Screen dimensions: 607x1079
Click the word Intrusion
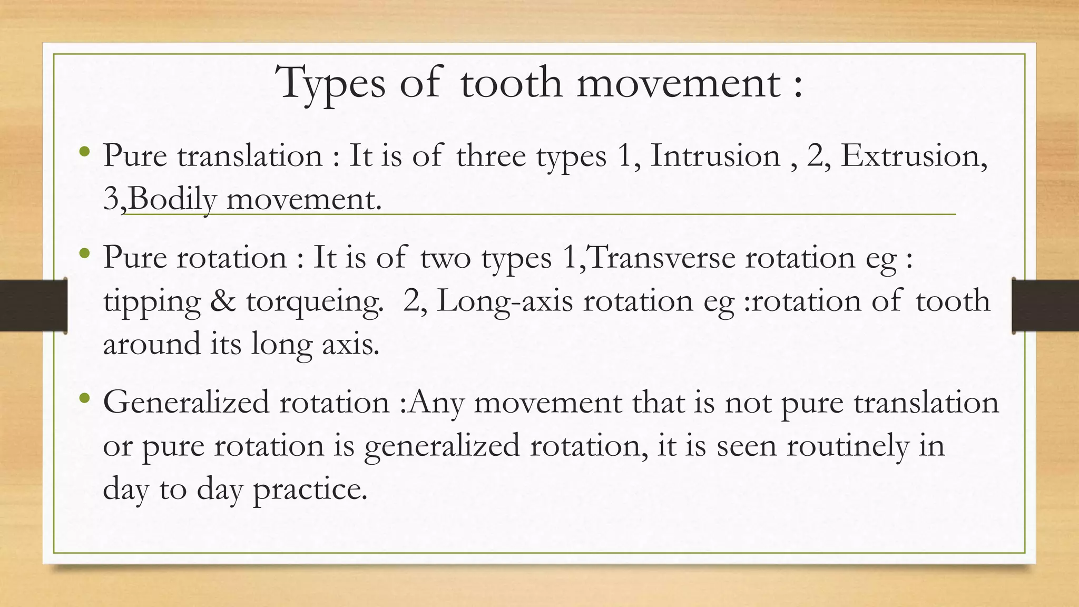point(715,156)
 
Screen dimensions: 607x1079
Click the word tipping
point(152,302)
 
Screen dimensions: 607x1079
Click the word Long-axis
point(504,301)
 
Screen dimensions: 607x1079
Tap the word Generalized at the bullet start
point(187,404)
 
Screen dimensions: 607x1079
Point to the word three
point(491,156)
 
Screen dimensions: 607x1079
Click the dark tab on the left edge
point(33,306)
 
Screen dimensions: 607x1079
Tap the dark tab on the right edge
point(1045,306)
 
